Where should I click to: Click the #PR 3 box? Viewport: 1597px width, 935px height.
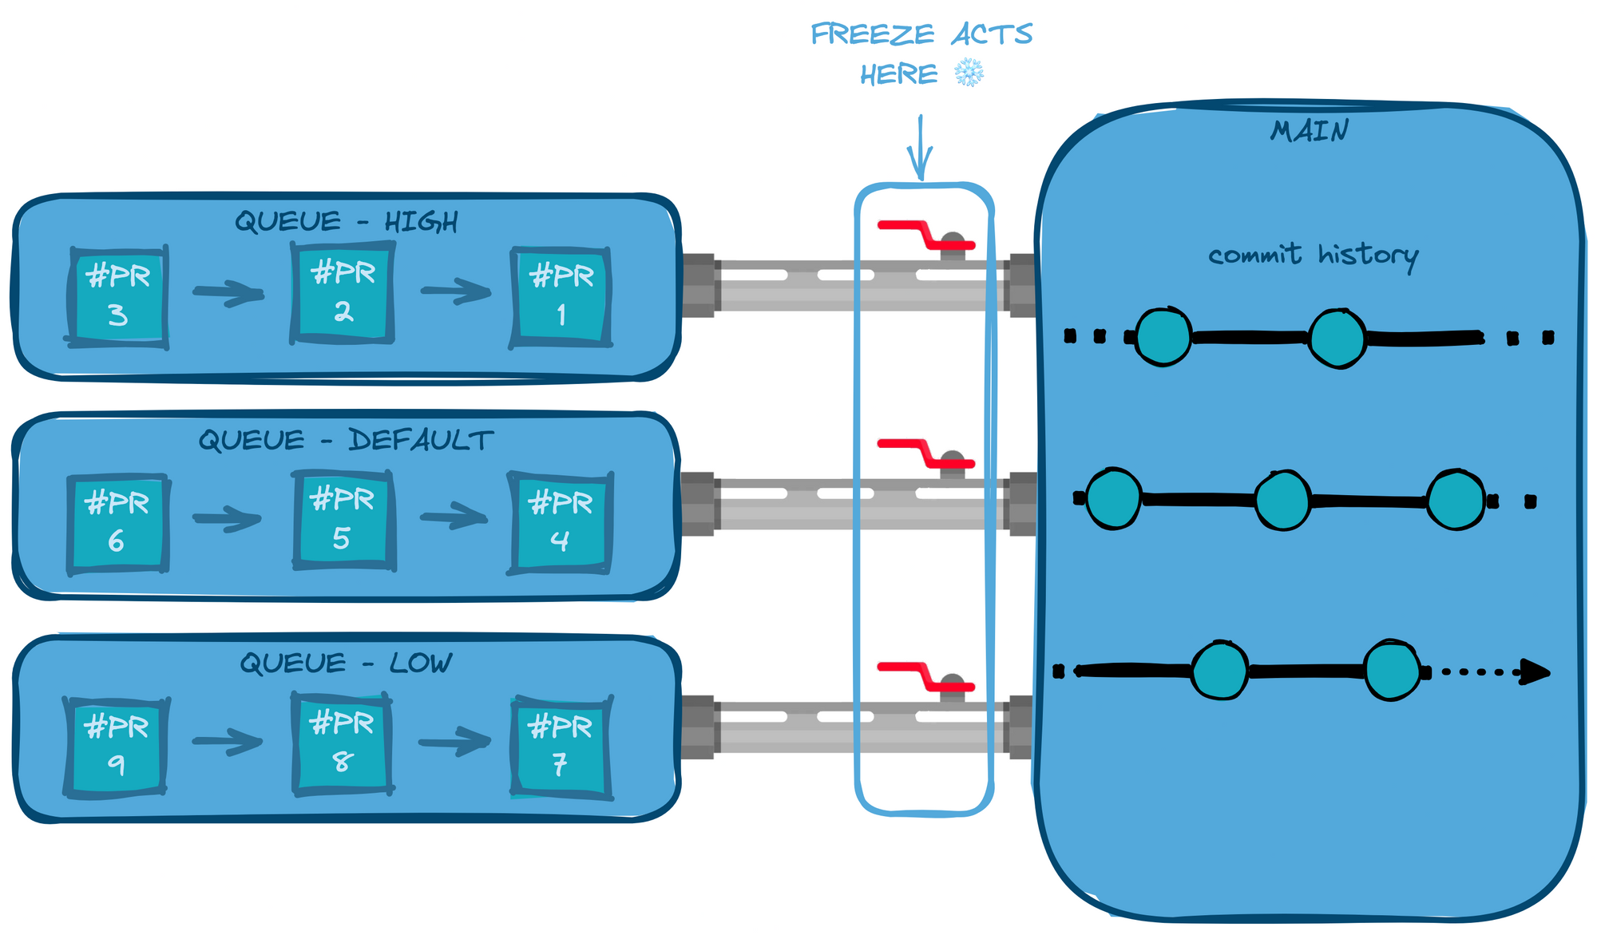pyautogui.click(x=118, y=296)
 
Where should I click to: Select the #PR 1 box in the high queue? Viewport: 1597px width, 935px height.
pyautogui.click(x=561, y=297)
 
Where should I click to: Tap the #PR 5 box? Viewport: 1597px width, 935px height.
pyautogui.click(x=343, y=520)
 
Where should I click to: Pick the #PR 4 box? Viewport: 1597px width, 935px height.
pyautogui.click(x=561, y=523)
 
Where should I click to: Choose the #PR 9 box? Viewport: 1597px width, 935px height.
pyautogui.click(x=117, y=747)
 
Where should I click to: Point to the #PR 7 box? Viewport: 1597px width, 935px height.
pyautogui.click(x=561, y=747)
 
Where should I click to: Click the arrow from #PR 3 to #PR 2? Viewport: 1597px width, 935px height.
pyautogui.click(x=228, y=293)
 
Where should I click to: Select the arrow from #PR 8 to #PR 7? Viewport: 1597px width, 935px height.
pyautogui.click(x=454, y=743)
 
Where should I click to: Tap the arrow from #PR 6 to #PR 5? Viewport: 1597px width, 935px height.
pyautogui.click(x=227, y=519)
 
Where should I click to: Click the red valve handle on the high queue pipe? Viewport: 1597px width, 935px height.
pyautogui.click(x=925, y=235)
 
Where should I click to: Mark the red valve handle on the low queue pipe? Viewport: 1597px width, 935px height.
pyautogui.click(x=925, y=675)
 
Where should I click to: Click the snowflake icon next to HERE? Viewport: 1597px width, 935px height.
pyautogui.click(x=969, y=73)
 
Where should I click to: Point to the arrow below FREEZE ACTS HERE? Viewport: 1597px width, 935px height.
pyautogui.click(x=921, y=148)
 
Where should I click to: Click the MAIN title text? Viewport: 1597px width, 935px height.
pyautogui.click(x=1310, y=130)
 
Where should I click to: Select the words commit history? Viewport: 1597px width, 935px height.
pyautogui.click(x=1313, y=256)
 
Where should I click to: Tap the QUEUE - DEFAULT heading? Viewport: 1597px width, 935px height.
pyautogui.click(x=346, y=440)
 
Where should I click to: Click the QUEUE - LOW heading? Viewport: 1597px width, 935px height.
pyautogui.click(x=346, y=663)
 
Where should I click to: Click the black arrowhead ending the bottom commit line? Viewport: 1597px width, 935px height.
pyautogui.click(x=1534, y=672)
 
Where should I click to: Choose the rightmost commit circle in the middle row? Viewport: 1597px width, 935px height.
pyautogui.click(x=1456, y=501)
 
